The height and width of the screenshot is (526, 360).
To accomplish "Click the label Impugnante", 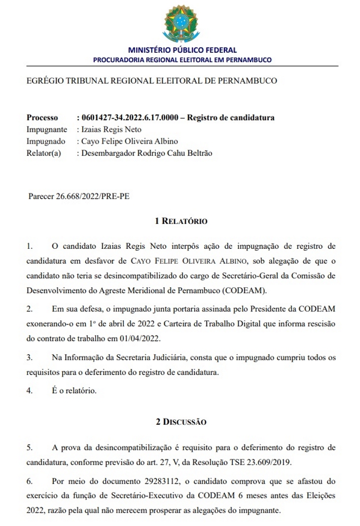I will click(47, 130).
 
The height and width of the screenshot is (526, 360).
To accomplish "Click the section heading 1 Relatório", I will click(181, 222).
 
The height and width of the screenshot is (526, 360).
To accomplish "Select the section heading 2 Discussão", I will click(181, 422).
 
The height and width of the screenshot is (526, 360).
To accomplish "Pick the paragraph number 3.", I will click(30, 357).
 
